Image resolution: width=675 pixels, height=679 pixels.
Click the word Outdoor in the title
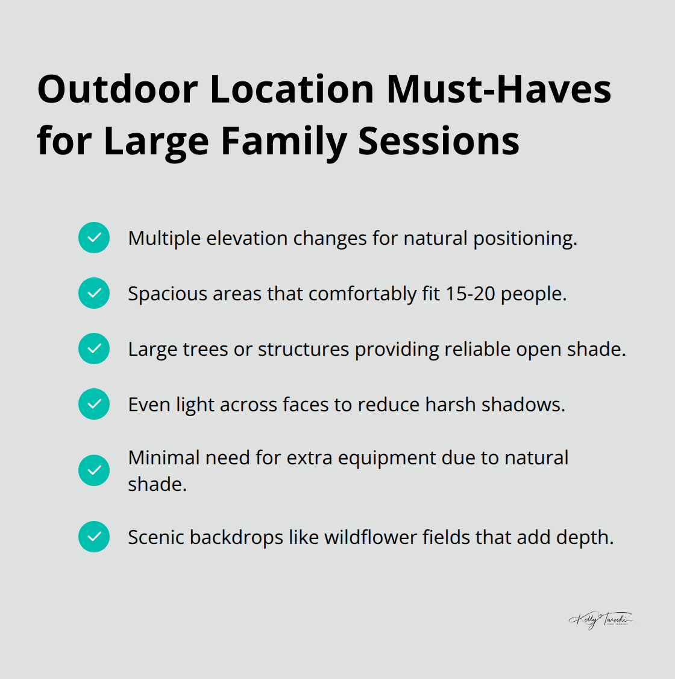click(117, 89)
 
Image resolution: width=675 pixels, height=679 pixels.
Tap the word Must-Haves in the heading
click(498, 89)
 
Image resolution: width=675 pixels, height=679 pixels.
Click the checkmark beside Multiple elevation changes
click(94, 238)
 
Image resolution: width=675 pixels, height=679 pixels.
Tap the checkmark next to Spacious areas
click(94, 293)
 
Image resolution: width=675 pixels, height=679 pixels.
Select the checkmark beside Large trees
click(94, 349)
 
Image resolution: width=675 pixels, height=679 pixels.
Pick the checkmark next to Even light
click(94, 404)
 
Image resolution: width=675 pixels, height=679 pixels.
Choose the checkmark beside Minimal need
click(94, 470)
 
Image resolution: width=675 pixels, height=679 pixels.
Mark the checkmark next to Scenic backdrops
click(94, 537)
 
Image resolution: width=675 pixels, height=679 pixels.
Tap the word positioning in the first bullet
click(524, 239)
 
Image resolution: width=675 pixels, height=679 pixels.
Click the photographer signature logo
click(600, 620)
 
